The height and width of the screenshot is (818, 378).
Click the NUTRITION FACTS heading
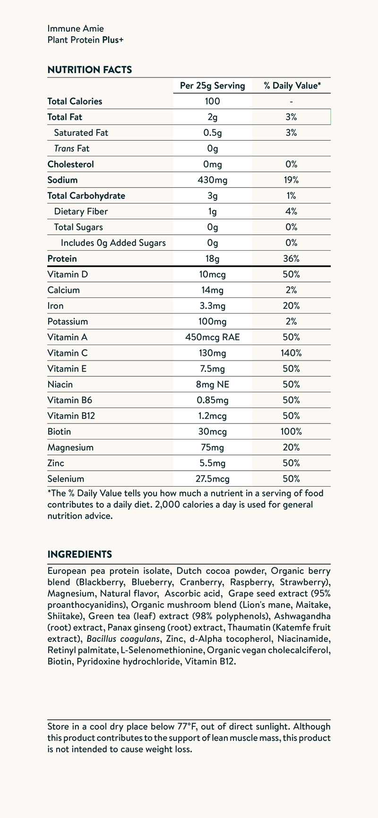click(x=90, y=70)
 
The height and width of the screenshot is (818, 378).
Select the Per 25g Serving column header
click(x=213, y=86)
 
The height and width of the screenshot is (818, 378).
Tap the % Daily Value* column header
click(x=292, y=86)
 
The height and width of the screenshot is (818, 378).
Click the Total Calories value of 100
click(x=213, y=101)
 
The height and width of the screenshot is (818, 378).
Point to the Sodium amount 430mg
click(x=213, y=180)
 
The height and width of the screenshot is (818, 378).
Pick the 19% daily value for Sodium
click(x=292, y=180)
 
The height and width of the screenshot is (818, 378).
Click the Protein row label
click(x=62, y=259)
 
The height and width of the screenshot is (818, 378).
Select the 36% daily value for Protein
click(x=292, y=259)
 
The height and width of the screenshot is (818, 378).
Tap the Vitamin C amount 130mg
click(x=213, y=353)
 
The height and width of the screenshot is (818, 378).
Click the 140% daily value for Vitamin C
click(x=292, y=353)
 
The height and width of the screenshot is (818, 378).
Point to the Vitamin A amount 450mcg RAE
click(x=213, y=337)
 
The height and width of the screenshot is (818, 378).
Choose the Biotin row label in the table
click(x=60, y=431)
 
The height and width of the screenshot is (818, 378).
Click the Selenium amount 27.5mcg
click(x=213, y=479)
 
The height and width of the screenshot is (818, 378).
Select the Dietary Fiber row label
click(x=77, y=211)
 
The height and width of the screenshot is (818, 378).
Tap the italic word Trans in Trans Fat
click(x=65, y=149)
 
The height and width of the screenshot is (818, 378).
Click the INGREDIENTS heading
click(x=80, y=554)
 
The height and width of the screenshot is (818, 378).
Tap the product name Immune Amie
click(x=76, y=29)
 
